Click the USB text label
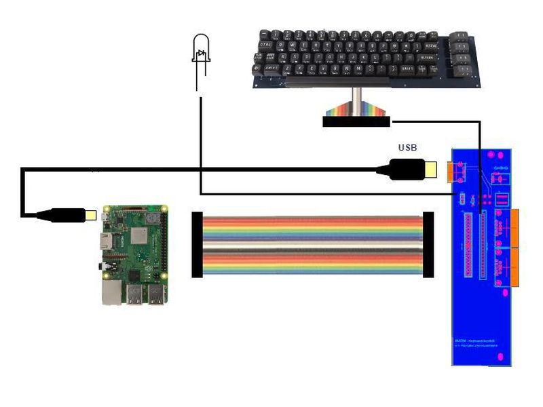(x=407, y=148)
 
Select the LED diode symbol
(x=200, y=54)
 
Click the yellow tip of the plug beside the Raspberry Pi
(x=90, y=214)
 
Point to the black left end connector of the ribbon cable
(x=197, y=244)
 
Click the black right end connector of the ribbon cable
(x=428, y=244)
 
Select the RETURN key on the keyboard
(x=426, y=58)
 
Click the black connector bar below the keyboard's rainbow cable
(x=356, y=122)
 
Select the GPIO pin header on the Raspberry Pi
(x=165, y=244)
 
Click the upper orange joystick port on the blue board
(x=514, y=229)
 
